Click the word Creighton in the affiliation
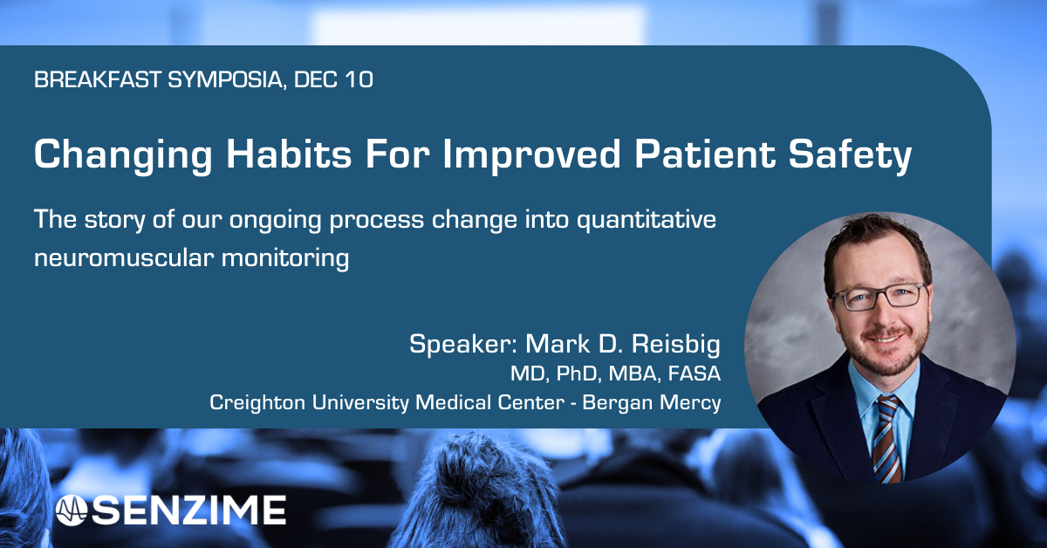pos(252,404)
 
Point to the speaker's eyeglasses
pos(877,296)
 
